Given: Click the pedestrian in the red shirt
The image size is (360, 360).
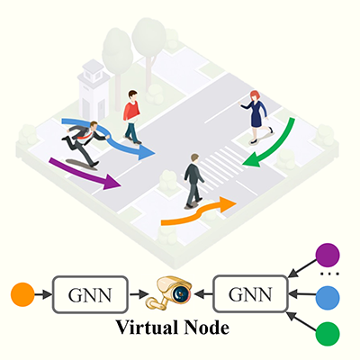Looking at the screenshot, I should click(132, 116).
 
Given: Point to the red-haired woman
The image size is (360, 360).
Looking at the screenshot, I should click(255, 114).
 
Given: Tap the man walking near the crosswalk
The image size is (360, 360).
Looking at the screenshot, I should click(193, 180).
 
